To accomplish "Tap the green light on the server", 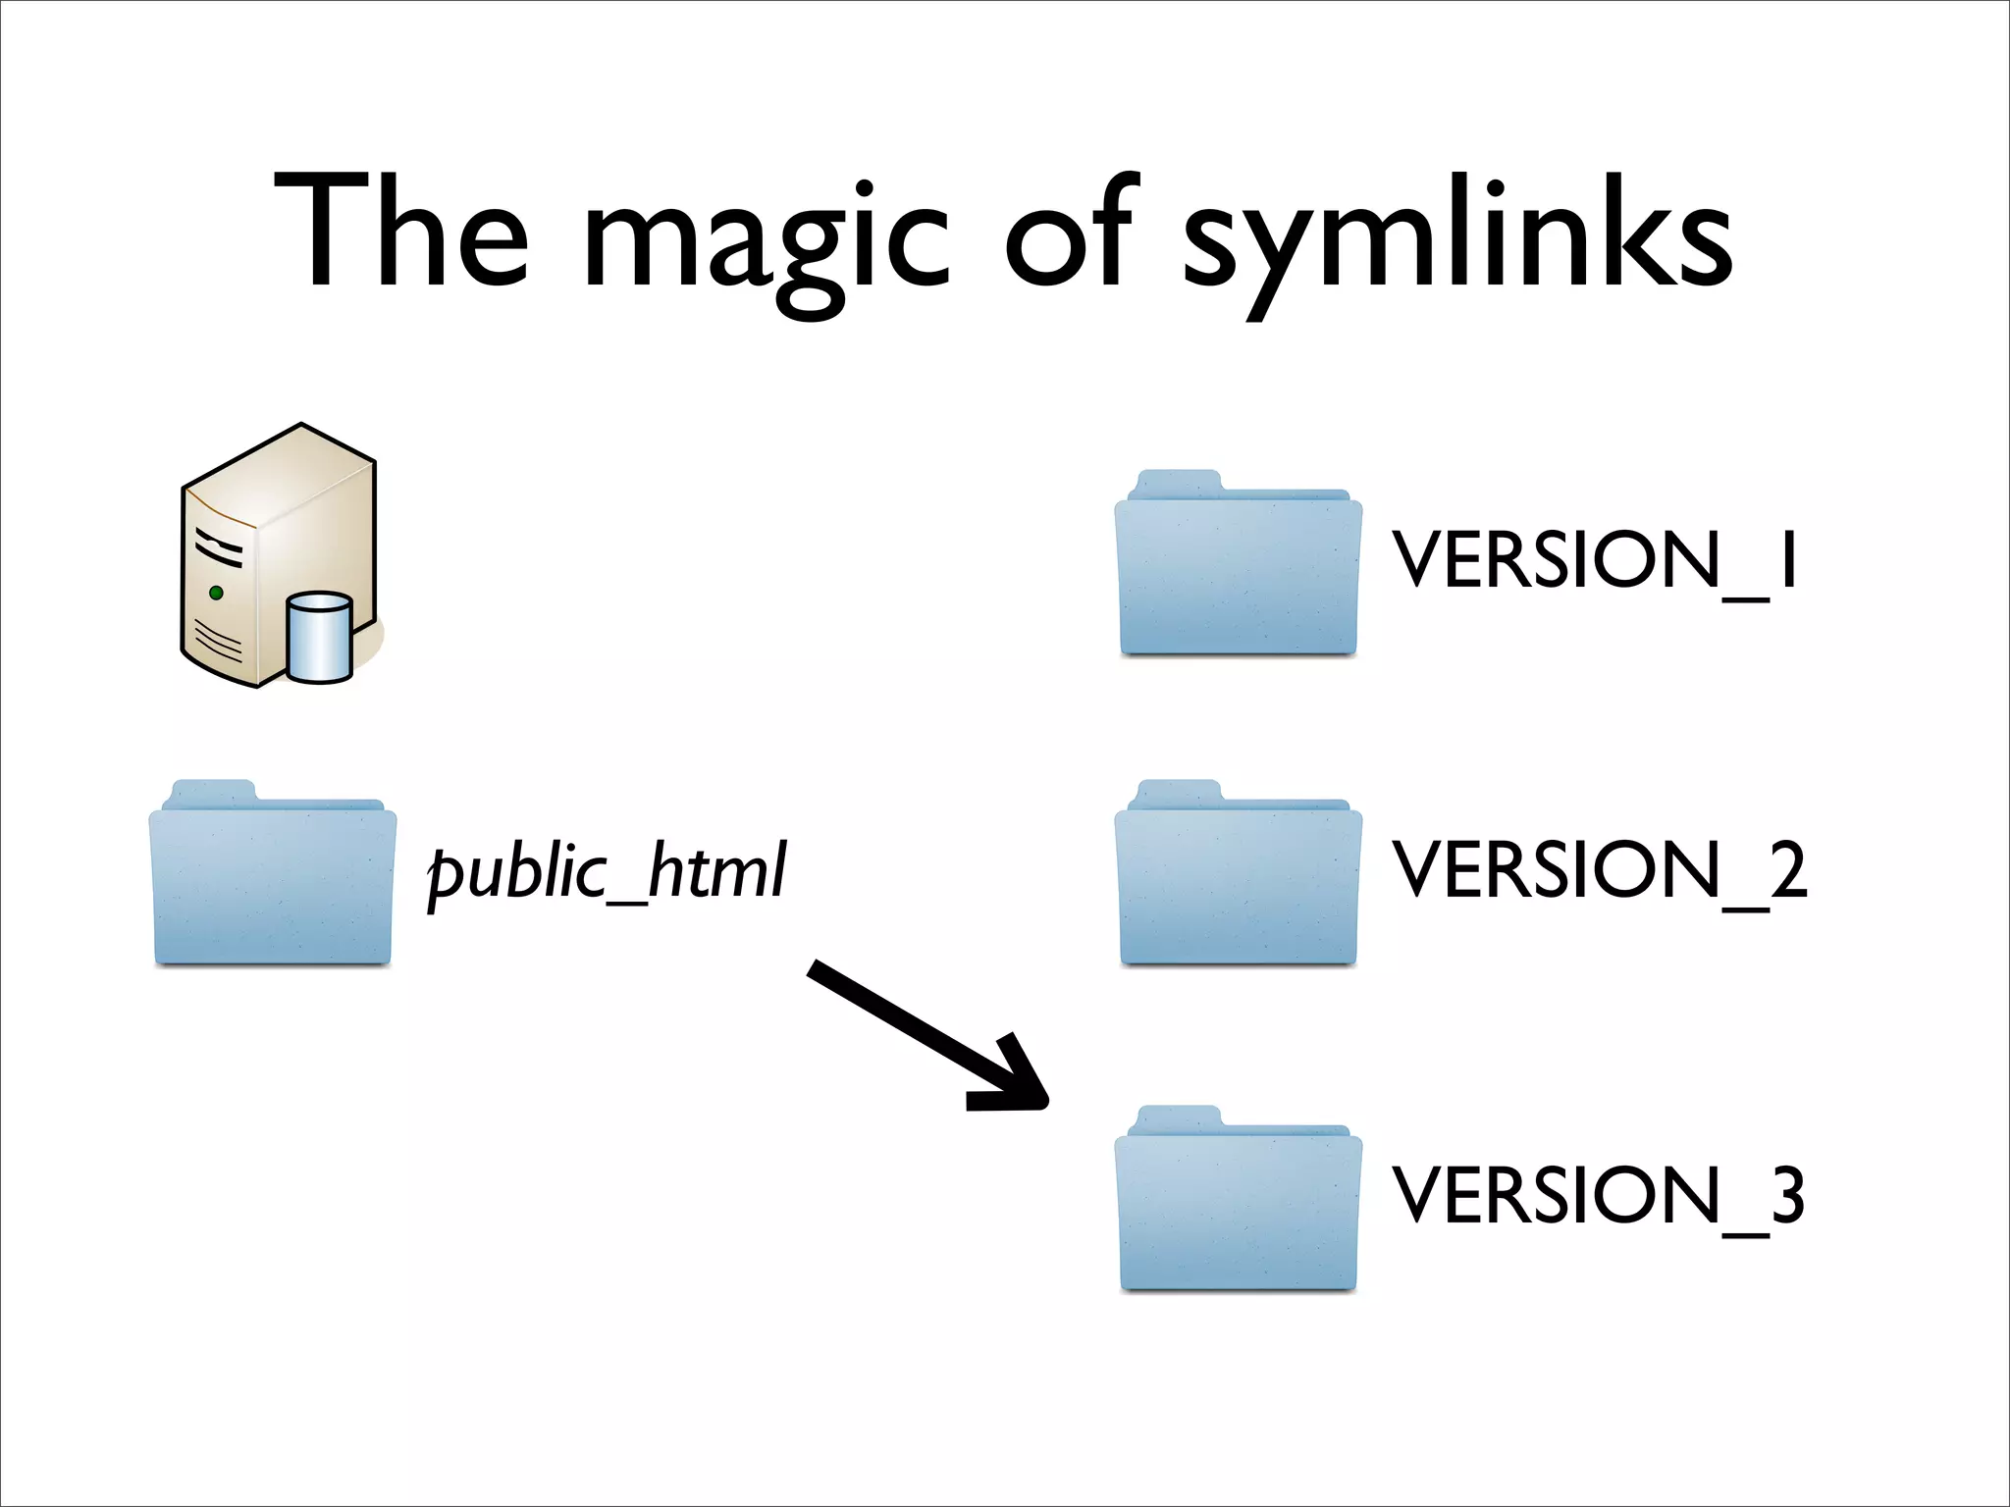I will pyautogui.click(x=216, y=593).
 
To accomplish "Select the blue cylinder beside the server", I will pyautogui.click(x=320, y=638).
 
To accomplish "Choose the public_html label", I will pyautogui.click(x=607, y=871).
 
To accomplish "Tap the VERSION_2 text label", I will pyautogui.click(x=1600, y=871).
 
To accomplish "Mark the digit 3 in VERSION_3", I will pyautogui.click(x=1787, y=1195).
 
